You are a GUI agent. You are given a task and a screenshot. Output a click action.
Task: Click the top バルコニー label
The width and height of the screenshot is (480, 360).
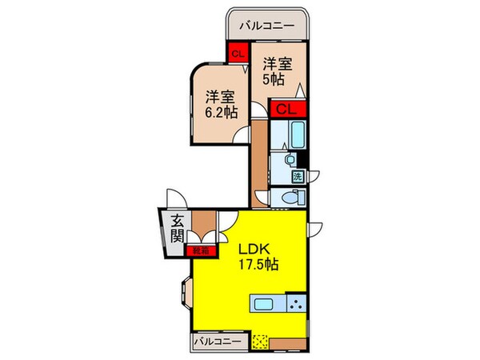[x=269, y=25]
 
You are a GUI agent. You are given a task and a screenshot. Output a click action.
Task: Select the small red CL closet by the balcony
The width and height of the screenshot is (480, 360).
[x=236, y=54]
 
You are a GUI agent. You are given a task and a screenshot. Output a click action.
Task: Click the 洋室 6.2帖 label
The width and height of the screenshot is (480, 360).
[x=219, y=104]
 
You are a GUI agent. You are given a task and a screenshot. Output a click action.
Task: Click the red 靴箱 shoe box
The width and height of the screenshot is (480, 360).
[x=201, y=250]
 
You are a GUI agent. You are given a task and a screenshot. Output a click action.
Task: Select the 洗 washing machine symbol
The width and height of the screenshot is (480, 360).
[x=297, y=176]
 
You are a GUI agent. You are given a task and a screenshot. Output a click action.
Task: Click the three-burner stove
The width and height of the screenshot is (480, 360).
[x=295, y=303]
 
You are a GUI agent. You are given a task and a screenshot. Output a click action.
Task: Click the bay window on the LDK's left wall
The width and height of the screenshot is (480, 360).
[x=183, y=294]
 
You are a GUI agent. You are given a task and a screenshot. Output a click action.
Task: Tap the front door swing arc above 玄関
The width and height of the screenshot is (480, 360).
[x=175, y=198]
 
